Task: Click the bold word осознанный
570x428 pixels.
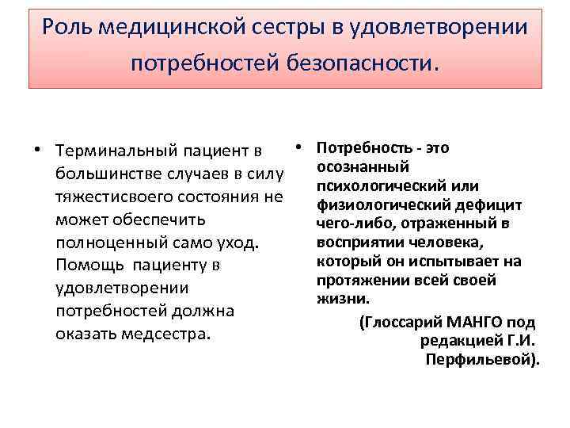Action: [x=362, y=166]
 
